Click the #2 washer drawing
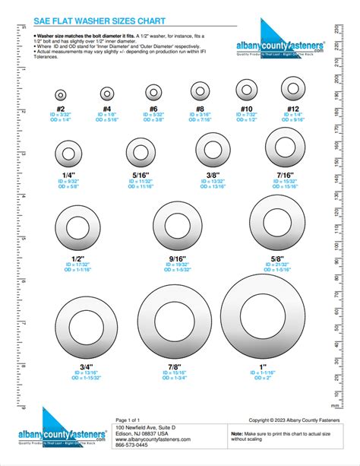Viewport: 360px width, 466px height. pyautogui.click(x=61, y=95)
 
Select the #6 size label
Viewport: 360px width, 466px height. pyautogui.click(x=154, y=109)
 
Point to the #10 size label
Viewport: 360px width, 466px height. pyautogui.click(x=247, y=109)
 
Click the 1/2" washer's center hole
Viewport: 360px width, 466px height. pyautogui.click(x=77, y=228)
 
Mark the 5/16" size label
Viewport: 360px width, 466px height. pyautogui.click(x=140, y=173)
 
